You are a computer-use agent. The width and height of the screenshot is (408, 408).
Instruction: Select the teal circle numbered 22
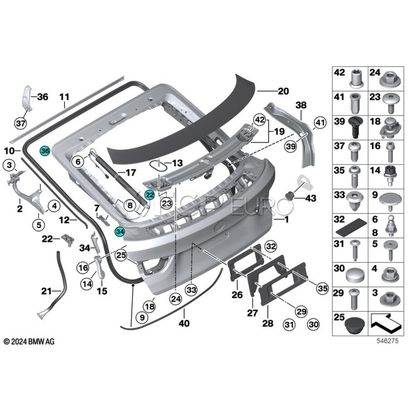[x=150, y=194]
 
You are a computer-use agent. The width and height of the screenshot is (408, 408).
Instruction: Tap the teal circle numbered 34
[x=120, y=231]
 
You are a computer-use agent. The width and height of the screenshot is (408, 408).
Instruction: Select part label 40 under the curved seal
[x=185, y=324]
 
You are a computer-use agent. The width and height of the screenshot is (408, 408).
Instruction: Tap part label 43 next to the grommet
[x=311, y=198]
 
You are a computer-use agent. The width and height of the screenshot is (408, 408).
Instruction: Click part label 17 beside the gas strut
[x=131, y=172]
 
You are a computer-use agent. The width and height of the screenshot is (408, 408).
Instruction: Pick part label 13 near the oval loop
[x=175, y=163]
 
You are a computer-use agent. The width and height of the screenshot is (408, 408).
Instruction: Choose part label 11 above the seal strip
[x=64, y=97]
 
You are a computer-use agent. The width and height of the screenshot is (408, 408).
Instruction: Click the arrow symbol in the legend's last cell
[x=385, y=322]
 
